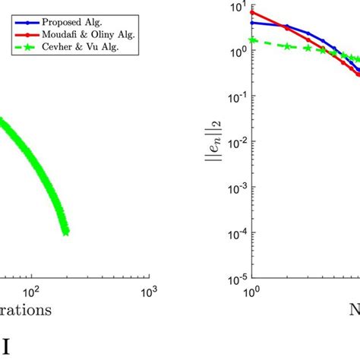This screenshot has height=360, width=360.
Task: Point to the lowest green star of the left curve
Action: (65, 232)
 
